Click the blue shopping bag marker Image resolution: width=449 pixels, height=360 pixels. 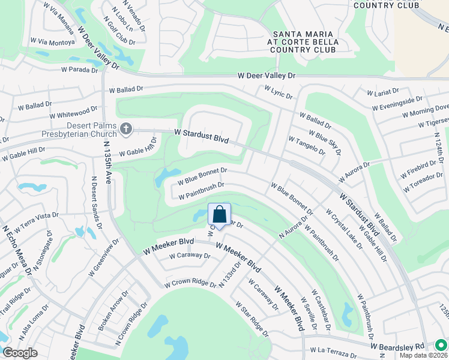(x=220, y=215)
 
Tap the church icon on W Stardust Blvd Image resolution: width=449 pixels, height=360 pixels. (x=126, y=128)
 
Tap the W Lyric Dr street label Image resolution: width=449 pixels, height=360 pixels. (x=278, y=92)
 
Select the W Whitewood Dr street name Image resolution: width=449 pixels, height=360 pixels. (x=73, y=112)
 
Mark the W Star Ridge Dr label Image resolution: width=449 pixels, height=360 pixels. (x=252, y=318)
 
